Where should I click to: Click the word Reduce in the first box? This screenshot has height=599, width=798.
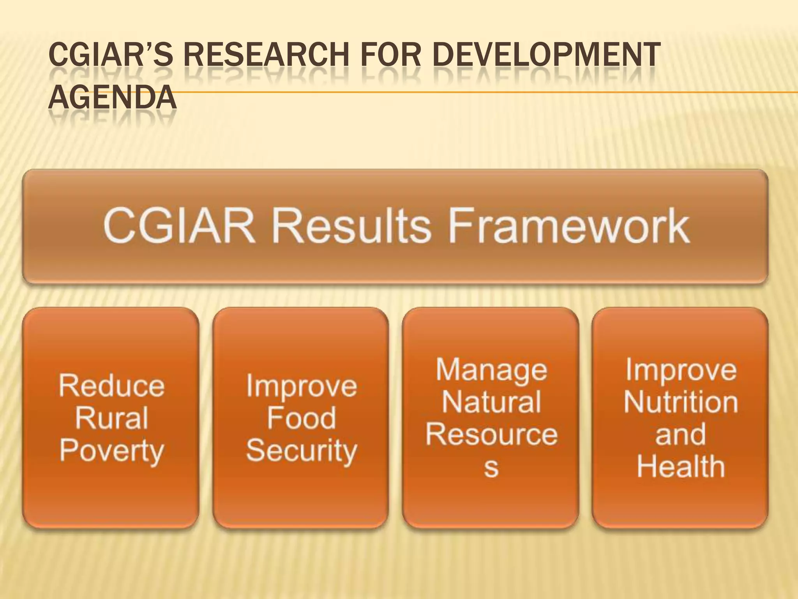coord(111,386)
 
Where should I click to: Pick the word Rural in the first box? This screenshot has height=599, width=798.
coord(111,418)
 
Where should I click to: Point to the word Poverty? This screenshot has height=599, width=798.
coord(111,452)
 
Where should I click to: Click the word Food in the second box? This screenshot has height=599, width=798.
coord(301,418)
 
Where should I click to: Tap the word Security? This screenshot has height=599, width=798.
coord(301,452)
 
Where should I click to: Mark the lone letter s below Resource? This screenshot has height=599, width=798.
coord(491,468)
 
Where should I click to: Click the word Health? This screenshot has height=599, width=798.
coord(681,467)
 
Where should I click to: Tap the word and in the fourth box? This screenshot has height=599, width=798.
coord(681,434)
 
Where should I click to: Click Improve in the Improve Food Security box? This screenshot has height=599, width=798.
coord(301,386)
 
